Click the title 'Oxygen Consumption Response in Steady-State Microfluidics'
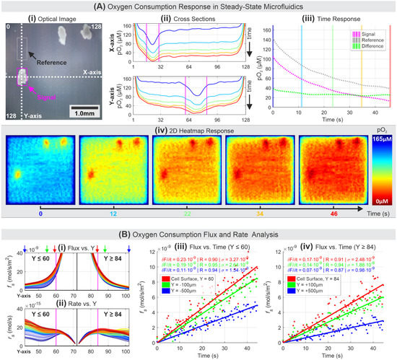click(x=204, y=6)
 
